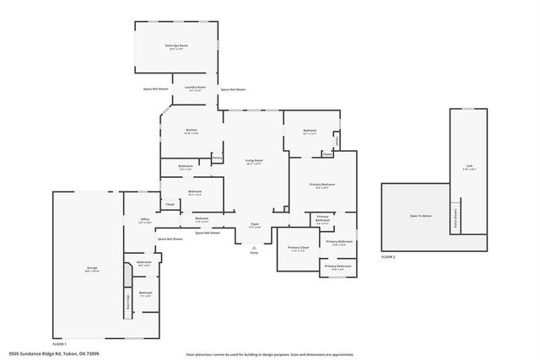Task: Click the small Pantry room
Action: click(x=217, y=157)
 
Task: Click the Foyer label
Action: click(x=254, y=225)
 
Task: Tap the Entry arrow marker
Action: click(x=254, y=249)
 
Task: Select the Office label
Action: click(x=144, y=221)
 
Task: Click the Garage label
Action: click(x=91, y=270)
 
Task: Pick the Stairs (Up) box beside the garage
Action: click(x=128, y=299)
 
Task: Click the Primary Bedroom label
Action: click(x=321, y=185)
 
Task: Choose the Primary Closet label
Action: click(x=299, y=249)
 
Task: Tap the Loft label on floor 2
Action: click(x=470, y=167)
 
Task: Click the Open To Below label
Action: click(x=421, y=217)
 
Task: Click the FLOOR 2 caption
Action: click(x=388, y=256)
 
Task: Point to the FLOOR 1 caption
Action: click(x=60, y=344)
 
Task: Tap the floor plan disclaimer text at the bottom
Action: click(x=269, y=354)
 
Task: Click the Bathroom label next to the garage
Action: click(x=144, y=263)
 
